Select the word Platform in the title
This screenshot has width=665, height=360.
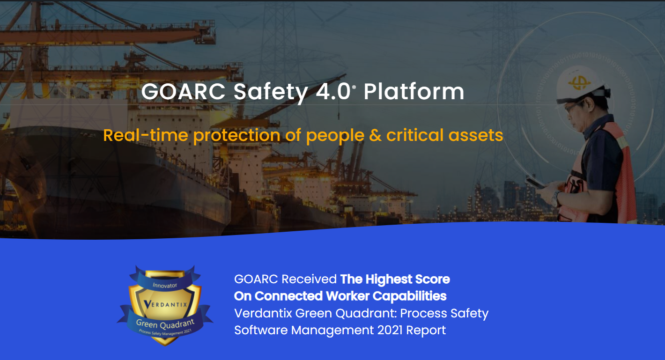[414, 92]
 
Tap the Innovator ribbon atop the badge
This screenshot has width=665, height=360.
[165, 284]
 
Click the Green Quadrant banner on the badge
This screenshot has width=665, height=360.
[165, 323]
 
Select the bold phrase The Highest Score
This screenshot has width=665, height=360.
[395, 279]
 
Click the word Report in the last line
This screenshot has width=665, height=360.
[426, 330]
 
